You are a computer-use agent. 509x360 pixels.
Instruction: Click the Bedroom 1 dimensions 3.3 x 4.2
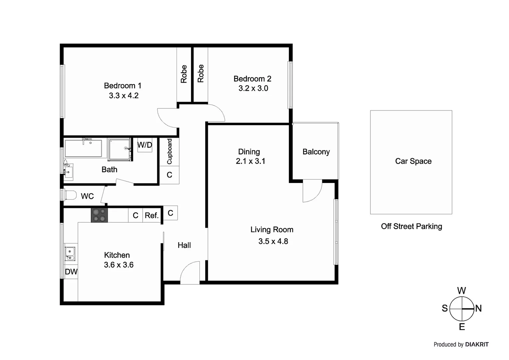[x=124, y=96]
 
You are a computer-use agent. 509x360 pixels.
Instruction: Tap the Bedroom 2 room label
[x=252, y=79]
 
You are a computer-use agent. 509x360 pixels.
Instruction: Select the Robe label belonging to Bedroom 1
[x=184, y=74]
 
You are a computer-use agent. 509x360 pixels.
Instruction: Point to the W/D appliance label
[x=145, y=145]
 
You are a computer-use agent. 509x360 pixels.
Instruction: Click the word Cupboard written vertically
[x=170, y=151]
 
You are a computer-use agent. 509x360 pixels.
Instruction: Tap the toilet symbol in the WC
[x=70, y=195]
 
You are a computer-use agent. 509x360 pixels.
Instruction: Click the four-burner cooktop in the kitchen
[x=99, y=215]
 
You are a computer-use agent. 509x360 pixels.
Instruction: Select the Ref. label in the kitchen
[x=151, y=216]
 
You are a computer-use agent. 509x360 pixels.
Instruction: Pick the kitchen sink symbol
[x=70, y=254]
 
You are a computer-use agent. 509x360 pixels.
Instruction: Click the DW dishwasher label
[x=71, y=272]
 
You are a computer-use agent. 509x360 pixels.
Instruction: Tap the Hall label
[x=184, y=245]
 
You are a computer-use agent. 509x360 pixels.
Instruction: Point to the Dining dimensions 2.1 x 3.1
[x=251, y=161]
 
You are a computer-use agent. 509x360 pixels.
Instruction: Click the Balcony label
[x=316, y=152]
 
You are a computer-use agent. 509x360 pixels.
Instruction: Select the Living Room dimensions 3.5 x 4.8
[x=273, y=241]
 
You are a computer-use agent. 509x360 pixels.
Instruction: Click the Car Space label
[x=413, y=161]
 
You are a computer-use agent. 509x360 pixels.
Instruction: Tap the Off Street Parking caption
[x=411, y=226]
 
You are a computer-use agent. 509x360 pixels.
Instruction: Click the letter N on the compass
[x=478, y=308]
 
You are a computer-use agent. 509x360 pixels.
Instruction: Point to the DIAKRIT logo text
[x=477, y=345]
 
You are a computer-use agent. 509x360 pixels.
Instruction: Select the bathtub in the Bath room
[x=83, y=148]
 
